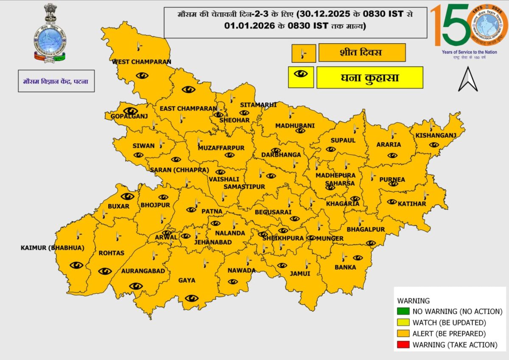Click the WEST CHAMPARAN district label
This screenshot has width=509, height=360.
pyautogui.click(x=141, y=62)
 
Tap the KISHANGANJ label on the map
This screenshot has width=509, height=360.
pyautogui.click(x=435, y=136)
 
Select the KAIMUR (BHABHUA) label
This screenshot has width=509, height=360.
pyautogui.click(x=52, y=248)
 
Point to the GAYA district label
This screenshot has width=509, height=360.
pyautogui.click(x=187, y=280)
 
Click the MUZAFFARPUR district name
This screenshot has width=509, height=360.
pyautogui.click(x=221, y=148)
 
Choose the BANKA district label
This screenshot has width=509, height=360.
pyautogui.click(x=345, y=268)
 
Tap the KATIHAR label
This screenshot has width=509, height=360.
pyautogui.click(x=411, y=204)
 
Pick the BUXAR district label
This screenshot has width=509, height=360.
pyautogui.click(x=118, y=206)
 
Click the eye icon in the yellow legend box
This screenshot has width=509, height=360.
pyautogui.click(x=301, y=74)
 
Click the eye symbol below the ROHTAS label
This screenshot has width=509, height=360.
pyautogui.click(x=105, y=271)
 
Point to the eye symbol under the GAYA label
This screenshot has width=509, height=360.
pyautogui.click(x=192, y=298)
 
